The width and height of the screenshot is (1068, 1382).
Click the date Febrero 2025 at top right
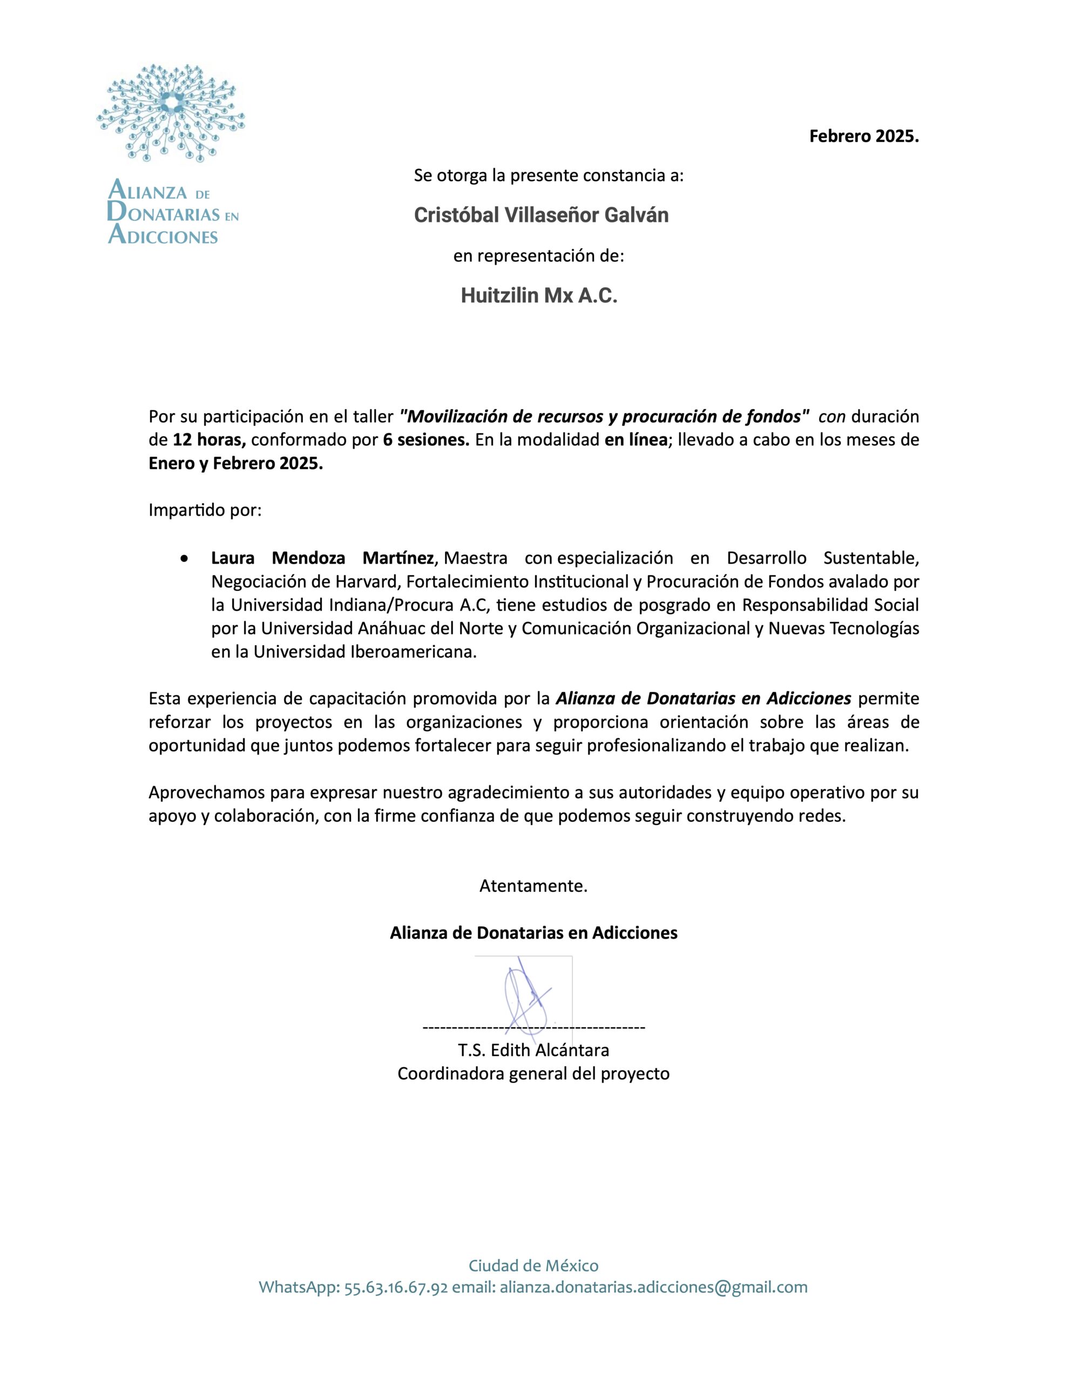click(x=863, y=136)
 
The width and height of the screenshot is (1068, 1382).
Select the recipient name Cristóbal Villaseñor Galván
click(x=541, y=216)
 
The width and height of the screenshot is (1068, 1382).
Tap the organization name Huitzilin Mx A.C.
click(x=539, y=295)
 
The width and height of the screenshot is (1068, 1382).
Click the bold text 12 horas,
click(x=209, y=440)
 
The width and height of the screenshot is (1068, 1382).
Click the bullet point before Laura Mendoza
click(x=184, y=559)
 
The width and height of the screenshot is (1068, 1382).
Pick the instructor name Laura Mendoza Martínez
click(x=322, y=558)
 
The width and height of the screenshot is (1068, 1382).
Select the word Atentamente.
click(x=533, y=886)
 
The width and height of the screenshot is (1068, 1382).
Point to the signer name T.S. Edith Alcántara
click(x=533, y=1051)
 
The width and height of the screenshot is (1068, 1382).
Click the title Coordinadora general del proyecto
click(x=533, y=1074)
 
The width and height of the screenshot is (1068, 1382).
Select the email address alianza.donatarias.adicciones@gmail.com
click(x=653, y=1288)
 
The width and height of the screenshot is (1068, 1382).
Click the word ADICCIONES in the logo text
click(x=164, y=236)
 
